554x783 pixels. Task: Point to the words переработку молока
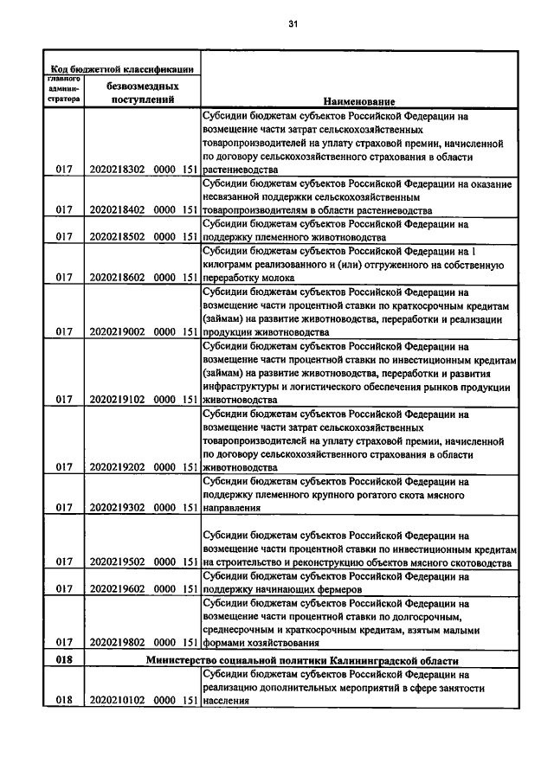248,278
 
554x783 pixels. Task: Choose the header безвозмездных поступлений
143,93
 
